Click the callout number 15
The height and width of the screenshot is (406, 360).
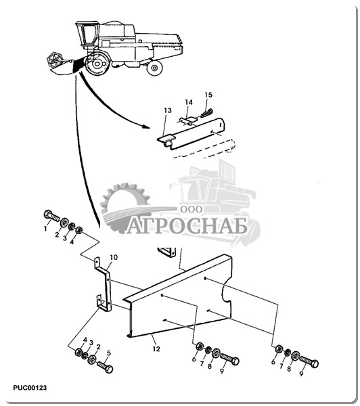(x=208, y=95)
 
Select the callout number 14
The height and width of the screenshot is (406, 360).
(x=189, y=103)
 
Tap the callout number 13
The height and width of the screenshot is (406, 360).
(x=168, y=110)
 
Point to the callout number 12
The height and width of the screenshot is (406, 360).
(x=156, y=349)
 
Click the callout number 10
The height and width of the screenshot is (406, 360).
(x=114, y=257)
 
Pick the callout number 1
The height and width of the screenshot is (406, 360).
(x=45, y=229)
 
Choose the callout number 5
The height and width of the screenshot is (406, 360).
(x=109, y=353)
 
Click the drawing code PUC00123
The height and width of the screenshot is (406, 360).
(x=30, y=388)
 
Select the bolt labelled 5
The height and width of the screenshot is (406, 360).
(x=105, y=367)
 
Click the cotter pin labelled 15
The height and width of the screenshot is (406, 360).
(x=206, y=114)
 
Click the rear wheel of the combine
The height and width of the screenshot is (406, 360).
(x=154, y=68)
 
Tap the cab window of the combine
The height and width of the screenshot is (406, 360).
(x=89, y=35)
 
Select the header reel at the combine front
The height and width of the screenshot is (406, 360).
(x=55, y=61)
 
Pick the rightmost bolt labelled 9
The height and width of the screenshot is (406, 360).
(x=309, y=362)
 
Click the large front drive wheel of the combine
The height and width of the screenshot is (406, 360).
(x=97, y=64)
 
